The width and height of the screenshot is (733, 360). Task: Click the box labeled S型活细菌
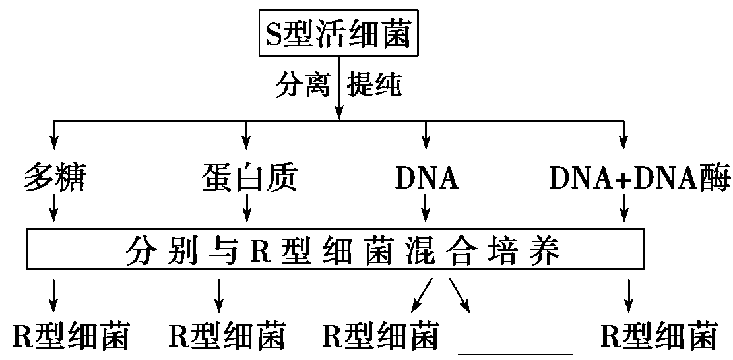[338, 34]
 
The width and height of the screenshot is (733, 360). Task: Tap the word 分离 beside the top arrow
[302, 86]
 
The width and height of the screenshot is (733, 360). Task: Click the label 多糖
[54, 177]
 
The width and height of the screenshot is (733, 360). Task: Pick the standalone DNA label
[426, 177]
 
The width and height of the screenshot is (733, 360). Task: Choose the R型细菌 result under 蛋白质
[226, 336]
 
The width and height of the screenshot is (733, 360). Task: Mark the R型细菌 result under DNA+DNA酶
[658, 336]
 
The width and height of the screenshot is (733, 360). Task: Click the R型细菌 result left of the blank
[380, 336]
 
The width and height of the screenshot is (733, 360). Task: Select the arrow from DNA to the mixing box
[426, 212]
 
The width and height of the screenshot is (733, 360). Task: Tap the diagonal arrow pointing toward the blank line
[460, 294]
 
